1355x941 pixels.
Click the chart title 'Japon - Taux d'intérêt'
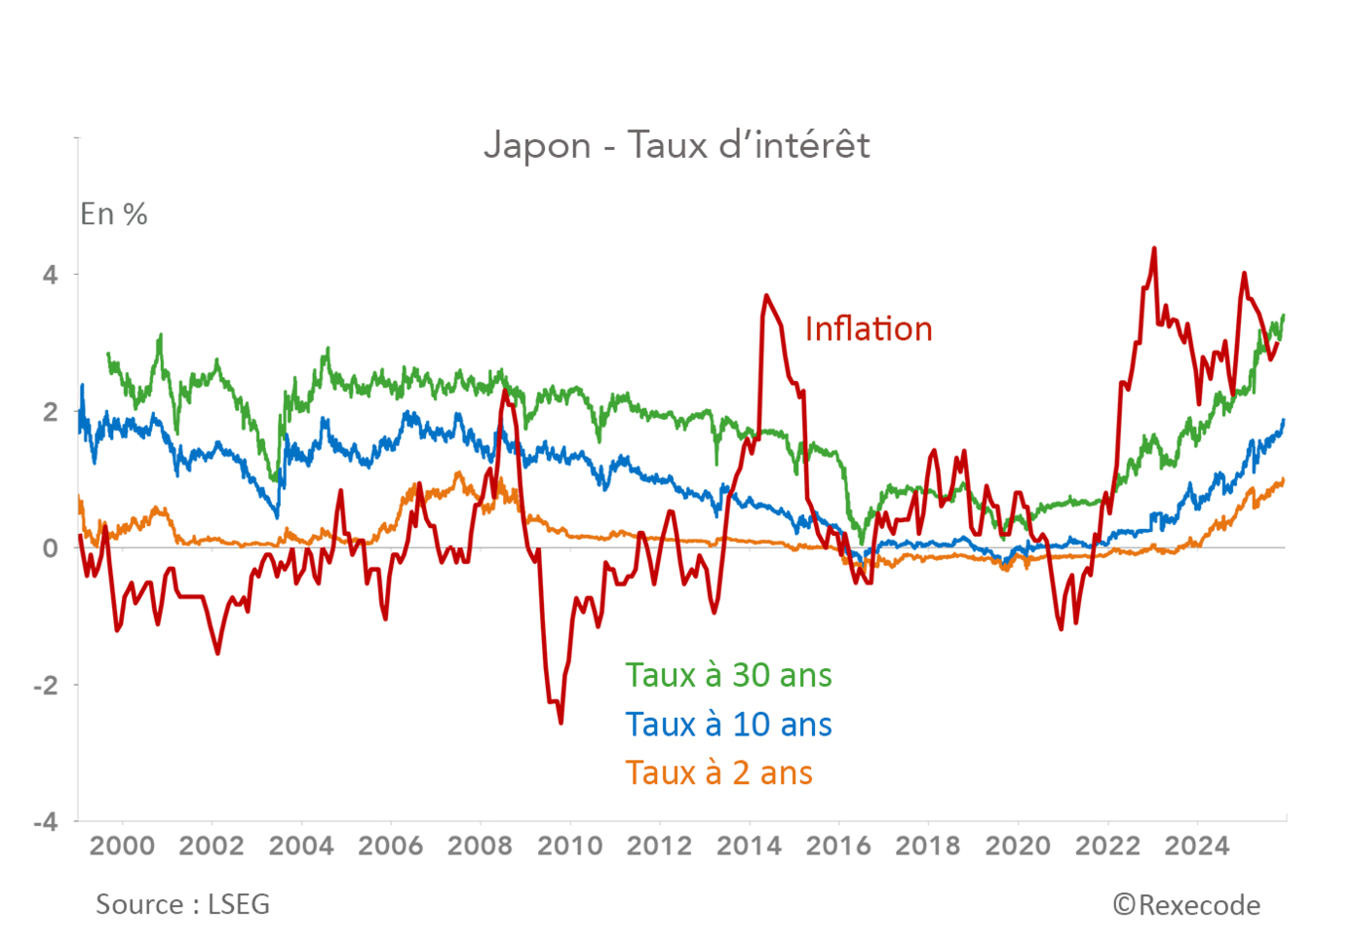pos(677,145)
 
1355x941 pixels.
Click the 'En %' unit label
pos(114,214)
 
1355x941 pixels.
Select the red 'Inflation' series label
pos(868,329)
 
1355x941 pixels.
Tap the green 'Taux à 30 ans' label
pos(728,675)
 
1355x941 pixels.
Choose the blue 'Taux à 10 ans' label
pos(728,725)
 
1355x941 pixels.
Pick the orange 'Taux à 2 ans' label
pos(718,773)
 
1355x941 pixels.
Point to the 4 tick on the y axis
pos(50,275)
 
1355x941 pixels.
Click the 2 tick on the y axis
pos(50,412)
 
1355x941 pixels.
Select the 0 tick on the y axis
pos(50,548)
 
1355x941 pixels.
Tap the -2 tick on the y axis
pos(46,686)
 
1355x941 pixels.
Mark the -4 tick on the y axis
pos(46,822)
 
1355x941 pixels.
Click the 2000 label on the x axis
pos(122,846)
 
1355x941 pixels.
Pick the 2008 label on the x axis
pos(480,846)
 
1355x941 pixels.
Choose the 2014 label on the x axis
pos(749,846)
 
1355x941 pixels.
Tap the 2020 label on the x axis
pos(1018,846)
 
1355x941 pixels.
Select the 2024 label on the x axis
pos(1197,846)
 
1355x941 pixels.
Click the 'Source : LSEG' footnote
pos(182,905)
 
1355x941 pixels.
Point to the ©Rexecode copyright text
pos(1186,906)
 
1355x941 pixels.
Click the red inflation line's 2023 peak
pos(1154,248)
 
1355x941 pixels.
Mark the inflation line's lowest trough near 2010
pos(561,722)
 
